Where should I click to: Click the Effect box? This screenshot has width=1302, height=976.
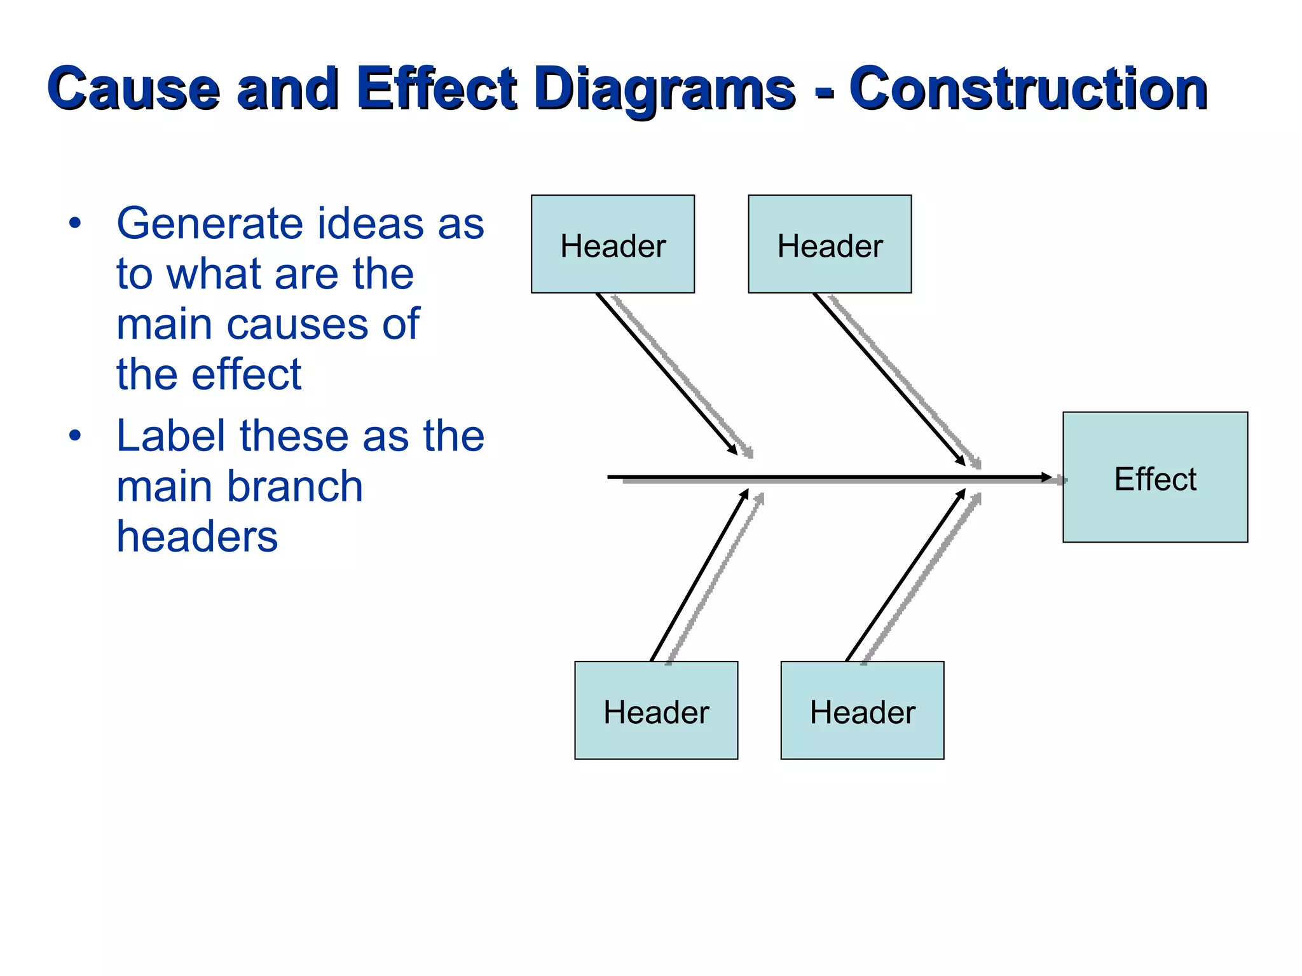pyautogui.click(x=1155, y=477)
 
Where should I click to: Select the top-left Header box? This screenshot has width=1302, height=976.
pyautogui.click(x=612, y=244)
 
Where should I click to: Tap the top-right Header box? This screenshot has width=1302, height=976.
pyautogui.click(x=829, y=244)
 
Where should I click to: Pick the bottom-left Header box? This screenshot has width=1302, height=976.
pyautogui.click(x=655, y=710)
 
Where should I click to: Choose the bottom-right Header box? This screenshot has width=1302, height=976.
pyautogui.click(x=862, y=710)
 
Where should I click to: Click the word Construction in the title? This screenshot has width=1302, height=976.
pyautogui.click(x=1027, y=89)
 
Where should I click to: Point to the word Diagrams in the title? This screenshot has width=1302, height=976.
pyautogui.click(x=665, y=89)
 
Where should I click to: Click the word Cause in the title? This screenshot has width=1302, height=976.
pyautogui.click(x=134, y=89)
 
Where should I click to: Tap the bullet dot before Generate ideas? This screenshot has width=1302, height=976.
pyautogui.click(x=75, y=223)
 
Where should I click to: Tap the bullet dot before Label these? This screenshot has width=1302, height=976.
pyautogui.click(x=75, y=436)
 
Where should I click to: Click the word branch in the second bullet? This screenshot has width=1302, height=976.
pyautogui.click(x=296, y=486)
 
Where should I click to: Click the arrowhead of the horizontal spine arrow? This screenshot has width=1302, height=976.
pyautogui.click(x=1046, y=477)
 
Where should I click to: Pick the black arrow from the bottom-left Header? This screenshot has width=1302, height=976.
pyautogui.click(x=699, y=575)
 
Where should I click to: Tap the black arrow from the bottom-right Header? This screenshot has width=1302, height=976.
pyautogui.click(x=906, y=575)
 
